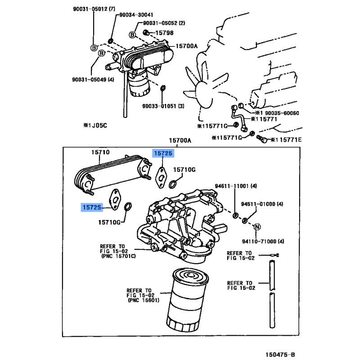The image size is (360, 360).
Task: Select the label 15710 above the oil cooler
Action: (100, 153)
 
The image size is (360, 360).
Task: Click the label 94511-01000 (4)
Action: (261, 204)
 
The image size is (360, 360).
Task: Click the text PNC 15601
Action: (144, 300)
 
